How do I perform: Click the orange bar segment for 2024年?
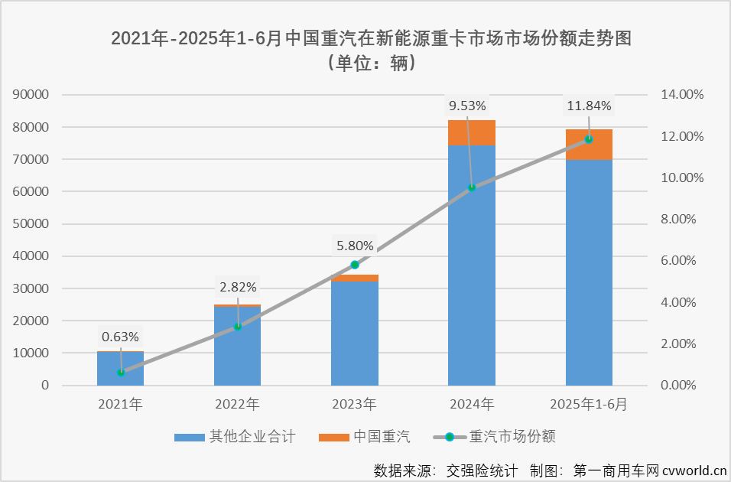click(x=472, y=132)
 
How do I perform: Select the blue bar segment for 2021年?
click(x=121, y=368)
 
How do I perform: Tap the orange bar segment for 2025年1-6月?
click(x=589, y=145)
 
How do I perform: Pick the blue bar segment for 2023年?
click(x=355, y=333)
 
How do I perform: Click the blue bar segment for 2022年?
click(x=238, y=346)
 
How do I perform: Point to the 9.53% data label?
click(x=467, y=106)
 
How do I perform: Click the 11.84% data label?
click(x=588, y=106)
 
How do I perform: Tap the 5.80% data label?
click(x=355, y=246)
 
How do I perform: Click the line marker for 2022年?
click(x=238, y=327)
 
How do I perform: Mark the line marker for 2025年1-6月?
click(x=589, y=139)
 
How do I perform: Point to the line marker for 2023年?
click(x=355, y=265)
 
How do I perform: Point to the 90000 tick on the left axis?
click(x=32, y=95)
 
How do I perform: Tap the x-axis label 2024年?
click(x=472, y=403)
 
